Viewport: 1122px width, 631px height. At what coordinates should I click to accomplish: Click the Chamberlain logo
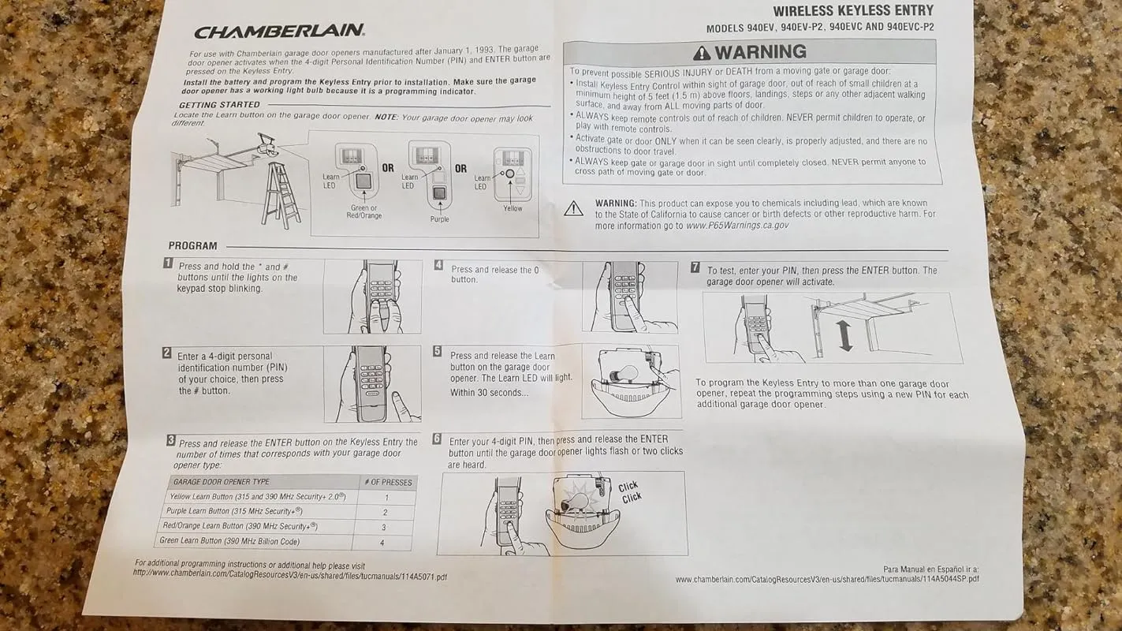coord(279,32)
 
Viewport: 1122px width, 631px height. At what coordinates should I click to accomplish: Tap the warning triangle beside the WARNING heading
coord(702,52)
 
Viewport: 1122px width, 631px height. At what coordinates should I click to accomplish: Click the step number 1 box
coord(168,263)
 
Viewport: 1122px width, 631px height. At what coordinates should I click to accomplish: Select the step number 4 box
coord(438,265)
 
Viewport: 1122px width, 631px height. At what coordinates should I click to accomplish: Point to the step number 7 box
coord(695,267)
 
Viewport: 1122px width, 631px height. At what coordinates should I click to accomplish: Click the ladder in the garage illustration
coord(281,195)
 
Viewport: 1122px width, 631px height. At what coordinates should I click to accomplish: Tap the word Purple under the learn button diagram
coord(440,219)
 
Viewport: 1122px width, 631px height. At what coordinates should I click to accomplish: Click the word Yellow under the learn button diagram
coord(513,208)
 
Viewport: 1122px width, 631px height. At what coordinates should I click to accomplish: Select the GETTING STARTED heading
coord(219,105)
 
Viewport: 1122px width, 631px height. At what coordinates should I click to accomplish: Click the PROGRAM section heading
coord(193,246)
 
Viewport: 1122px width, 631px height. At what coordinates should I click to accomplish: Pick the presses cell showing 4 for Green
coord(382,543)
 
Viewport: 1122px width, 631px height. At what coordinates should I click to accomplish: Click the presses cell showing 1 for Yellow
coord(386,498)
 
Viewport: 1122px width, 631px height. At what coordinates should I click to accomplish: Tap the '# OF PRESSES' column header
coord(388,482)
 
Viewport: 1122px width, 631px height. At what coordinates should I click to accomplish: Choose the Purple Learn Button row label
coord(234,511)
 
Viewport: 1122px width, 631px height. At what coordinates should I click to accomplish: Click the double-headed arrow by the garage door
coord(844,336)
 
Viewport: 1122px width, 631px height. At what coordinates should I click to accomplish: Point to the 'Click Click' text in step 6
coord(629,492)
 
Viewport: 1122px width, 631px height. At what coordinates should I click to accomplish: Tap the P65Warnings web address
coord(736,226)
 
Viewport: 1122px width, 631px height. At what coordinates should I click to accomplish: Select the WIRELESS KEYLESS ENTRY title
coord(853,11)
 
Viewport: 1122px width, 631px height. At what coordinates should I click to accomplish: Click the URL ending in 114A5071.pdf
coord(290,575)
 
